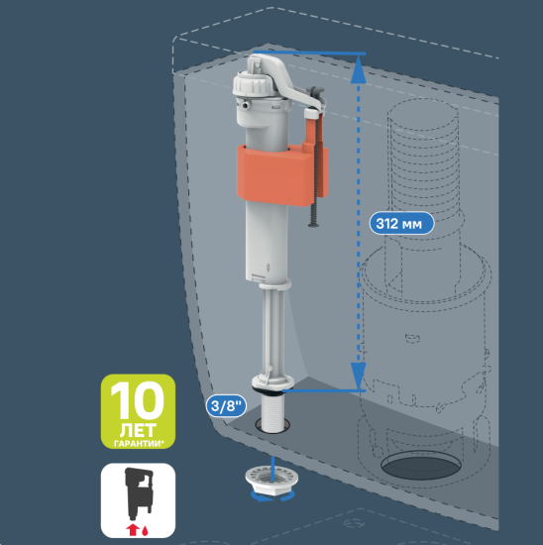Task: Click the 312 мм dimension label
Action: pyautogui.click(x=401, y=223)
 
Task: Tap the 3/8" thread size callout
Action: pyautogui.click(x=226, y=405)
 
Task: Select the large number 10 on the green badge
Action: pyautogui.click(x=138, y=400)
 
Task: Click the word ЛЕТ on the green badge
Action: pyautogui.click(x=138, y=430)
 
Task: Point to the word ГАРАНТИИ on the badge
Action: pyautogui.click(x=138, y=444)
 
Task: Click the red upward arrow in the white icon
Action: pyautogui.click(x=132, y=530)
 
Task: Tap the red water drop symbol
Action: pyautogui.click(x=145, y=530)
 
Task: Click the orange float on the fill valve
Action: pyautogui.click(x=281, y=173)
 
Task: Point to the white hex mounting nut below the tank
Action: pyautogui.click(x=271, y=480)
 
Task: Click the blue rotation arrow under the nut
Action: pyautogui.click(x=272, y=497)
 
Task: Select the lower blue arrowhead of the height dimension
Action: pyautogui.click(x=358, y=376)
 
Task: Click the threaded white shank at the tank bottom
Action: pyautogui.click(x=272, y=413)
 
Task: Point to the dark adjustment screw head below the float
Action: pyautogui.click(x=313, y=225)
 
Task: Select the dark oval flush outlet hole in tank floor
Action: pyautogui.click(x=421, y=467)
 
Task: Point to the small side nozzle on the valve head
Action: pyautogui.click(x=245, y=105)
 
